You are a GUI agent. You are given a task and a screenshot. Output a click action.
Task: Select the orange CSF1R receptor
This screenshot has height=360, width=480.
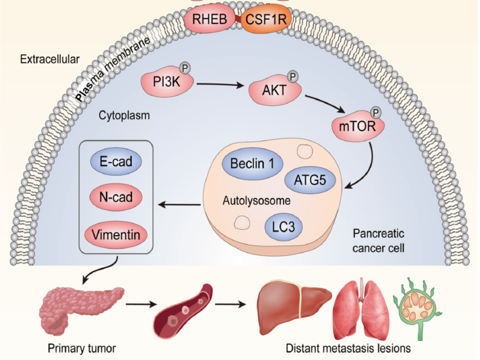pos(266,19)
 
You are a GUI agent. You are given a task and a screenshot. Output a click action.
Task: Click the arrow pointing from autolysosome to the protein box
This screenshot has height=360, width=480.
pos(179,205)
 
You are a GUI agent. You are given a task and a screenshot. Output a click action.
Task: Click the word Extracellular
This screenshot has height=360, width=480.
pos(50,59)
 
